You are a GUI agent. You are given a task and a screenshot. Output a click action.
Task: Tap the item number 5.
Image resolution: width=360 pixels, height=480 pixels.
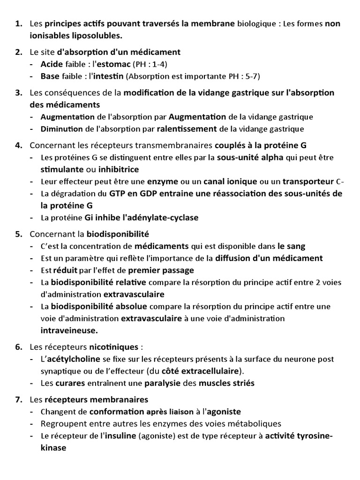(19, 233)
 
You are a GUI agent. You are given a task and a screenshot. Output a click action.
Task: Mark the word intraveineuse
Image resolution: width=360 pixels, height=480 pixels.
(69, 330)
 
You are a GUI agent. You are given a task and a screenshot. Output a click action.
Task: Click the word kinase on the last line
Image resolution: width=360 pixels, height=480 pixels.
(53, 448)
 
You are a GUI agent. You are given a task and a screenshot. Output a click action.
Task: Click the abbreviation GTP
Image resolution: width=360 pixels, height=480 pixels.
(120, 194)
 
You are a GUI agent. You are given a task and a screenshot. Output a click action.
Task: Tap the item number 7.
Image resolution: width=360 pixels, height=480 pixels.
(19, 399)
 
